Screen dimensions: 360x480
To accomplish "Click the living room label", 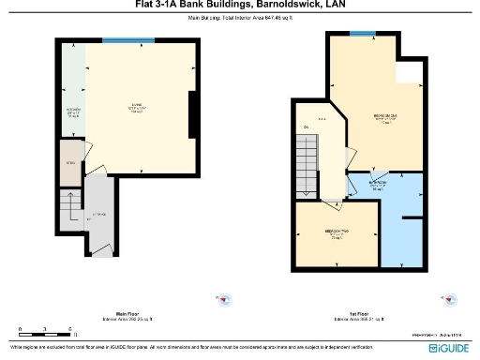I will click(135, 106).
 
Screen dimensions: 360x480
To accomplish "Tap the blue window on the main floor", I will click(116, 39).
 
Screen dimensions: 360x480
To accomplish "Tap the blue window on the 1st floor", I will click(357, 33).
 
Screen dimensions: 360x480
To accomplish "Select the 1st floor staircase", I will click(307, 165).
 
